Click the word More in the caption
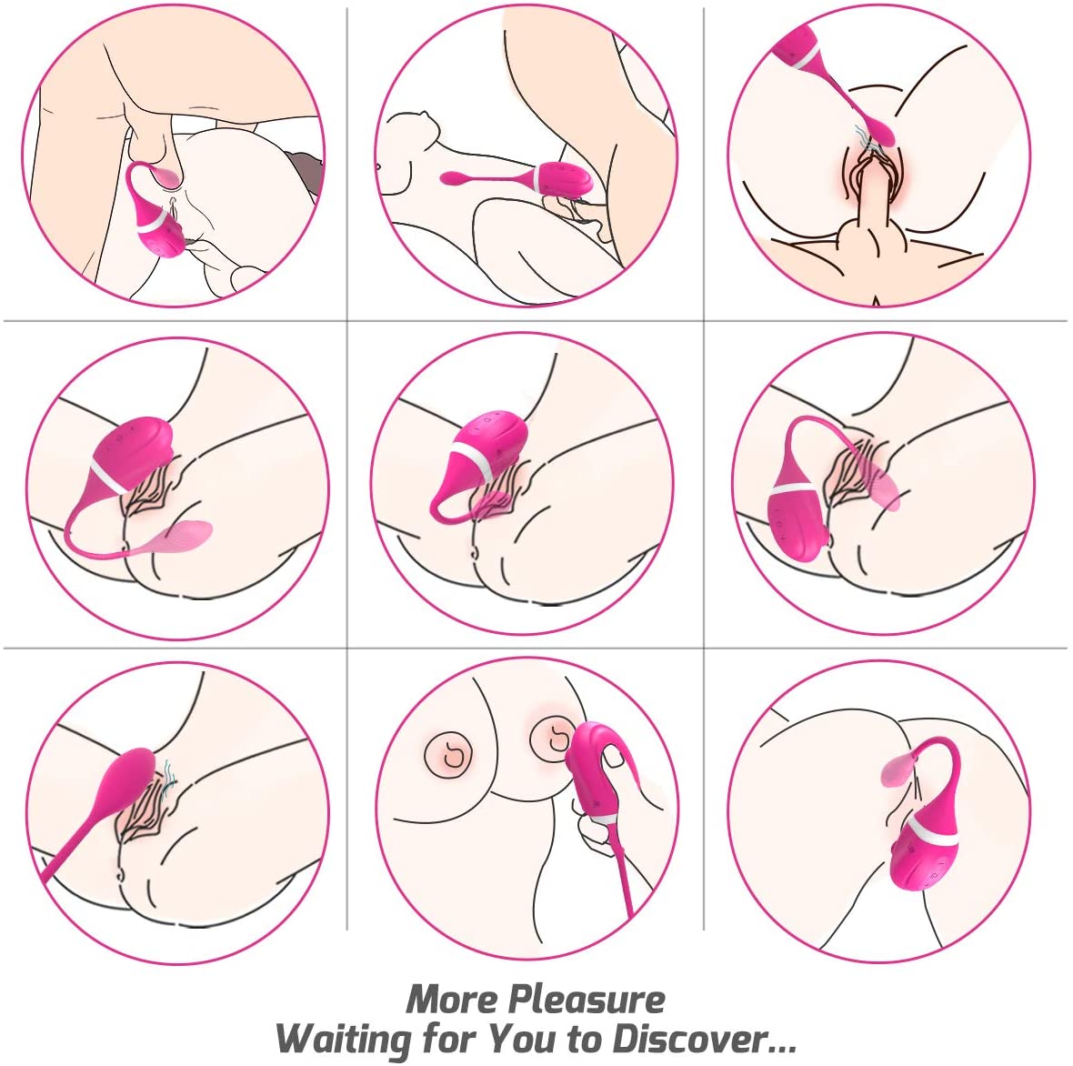coord(452,1000)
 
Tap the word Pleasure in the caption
coord(587,1000)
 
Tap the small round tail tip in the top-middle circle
coord(448,179)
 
